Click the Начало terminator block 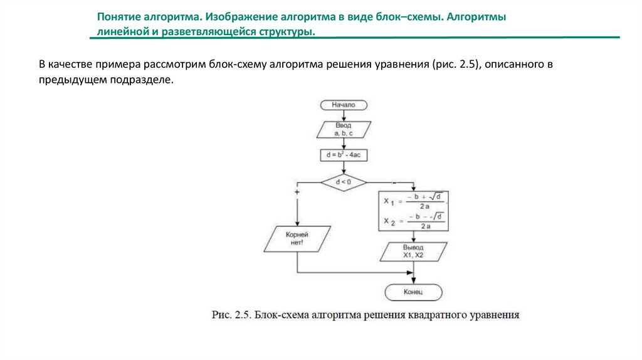coord(344,105)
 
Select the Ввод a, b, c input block coord(344,130)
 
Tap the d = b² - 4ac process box coord(344,154)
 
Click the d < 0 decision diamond coord(344,183)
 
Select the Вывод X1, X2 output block coord(414,252)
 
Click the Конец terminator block coord(414,292)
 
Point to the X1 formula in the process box coord(414,202)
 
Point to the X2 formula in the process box coord(414,221)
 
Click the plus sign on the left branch coord(297,191)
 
